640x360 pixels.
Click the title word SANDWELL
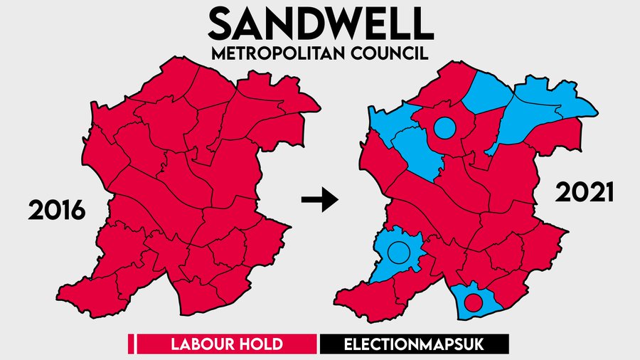[x=321, y=24]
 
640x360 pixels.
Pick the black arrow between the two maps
[x=318, y=202]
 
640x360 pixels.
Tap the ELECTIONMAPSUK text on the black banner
[x=415, y=345]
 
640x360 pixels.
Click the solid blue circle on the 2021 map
[x=444, y=128]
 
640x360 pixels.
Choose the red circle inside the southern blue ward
[x=473, y=302]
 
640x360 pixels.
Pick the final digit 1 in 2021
[x=608, y=194]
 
